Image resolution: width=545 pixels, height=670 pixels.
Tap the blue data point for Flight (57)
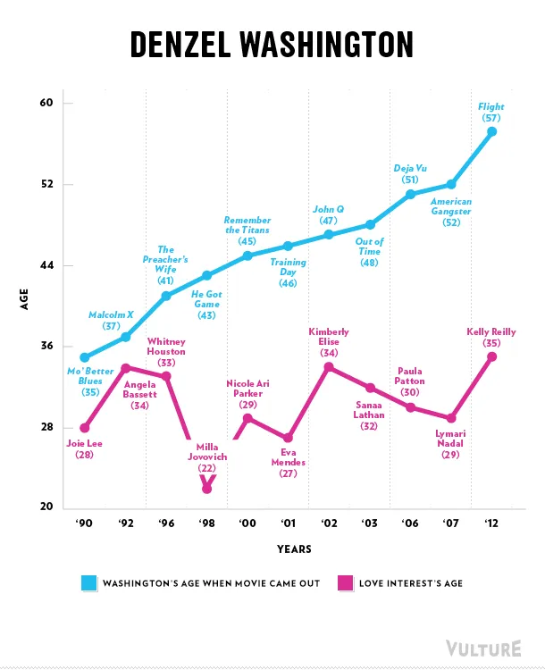[491, 131]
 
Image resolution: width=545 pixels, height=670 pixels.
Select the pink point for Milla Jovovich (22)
[207, 489]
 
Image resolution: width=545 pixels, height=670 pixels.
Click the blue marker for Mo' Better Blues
[85, 357]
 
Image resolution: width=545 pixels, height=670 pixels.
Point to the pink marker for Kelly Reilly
[491, 356]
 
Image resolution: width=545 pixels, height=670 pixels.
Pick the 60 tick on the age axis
[46, 103]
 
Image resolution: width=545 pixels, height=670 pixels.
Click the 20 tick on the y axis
[46, 508]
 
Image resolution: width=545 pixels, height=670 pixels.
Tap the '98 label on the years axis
[206, 524]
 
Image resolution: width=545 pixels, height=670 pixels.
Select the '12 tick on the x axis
[490, 524]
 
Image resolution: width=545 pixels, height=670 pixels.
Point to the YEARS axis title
[294, 549]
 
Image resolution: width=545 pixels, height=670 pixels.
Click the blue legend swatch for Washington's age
[88, 583]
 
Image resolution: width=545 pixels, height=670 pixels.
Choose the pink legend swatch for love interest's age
[345, 583]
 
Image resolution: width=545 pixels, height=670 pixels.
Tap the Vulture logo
[483, 648]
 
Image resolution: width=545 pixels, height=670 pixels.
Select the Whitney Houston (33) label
[166, 352]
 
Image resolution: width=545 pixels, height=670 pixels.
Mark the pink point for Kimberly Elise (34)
[329, 366]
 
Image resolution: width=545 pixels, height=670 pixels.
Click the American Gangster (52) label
[451, 212]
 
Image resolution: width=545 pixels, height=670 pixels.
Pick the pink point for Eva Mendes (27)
[288, 438]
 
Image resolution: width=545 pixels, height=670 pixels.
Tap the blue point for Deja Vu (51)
[410, 194]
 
